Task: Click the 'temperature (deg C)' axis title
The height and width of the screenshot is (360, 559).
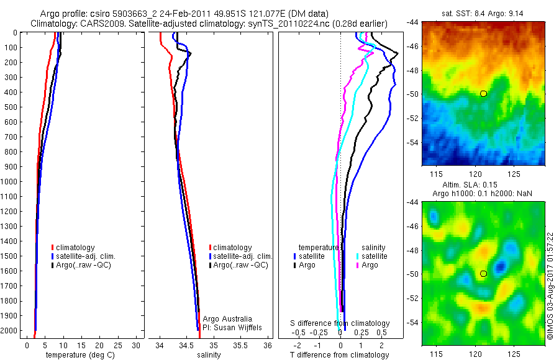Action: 79,355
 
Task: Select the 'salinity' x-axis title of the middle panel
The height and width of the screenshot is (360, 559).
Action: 209,355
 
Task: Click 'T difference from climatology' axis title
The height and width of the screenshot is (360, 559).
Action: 339,355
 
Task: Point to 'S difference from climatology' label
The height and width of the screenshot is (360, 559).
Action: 340,323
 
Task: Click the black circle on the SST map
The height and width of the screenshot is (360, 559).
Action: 483,94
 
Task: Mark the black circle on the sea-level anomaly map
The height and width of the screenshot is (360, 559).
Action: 483,273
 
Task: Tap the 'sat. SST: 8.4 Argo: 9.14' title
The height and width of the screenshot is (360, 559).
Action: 483,12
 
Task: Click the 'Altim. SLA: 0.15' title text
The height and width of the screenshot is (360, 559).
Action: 483,185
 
